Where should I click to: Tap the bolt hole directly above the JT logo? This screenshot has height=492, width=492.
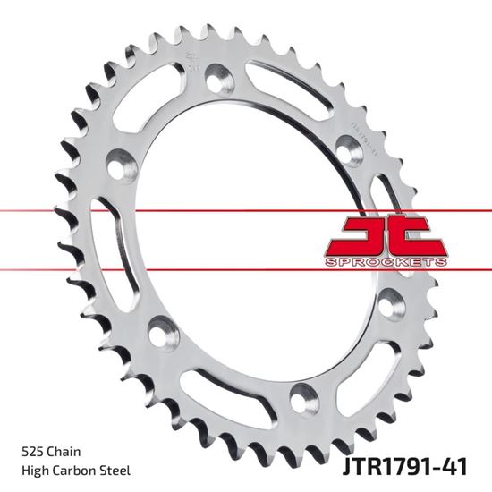tap(346, 147)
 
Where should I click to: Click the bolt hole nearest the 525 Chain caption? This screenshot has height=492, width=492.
tap(162, 333)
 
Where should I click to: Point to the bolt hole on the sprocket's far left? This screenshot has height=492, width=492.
tap(117, 167)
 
